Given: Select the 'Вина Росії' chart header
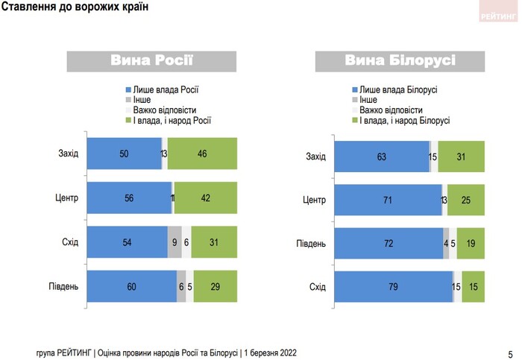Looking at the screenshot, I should pyautogui.click(x=151, y=60).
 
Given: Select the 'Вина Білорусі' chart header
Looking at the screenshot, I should pyautogui.click(x=400, y=60).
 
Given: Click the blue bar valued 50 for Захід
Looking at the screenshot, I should pyautogui.click(x=124, y=154).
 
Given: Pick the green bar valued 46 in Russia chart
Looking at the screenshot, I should pyautogui.click(x=202, y=154).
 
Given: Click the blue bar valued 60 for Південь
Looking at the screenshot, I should pyautogui.click(x=131, y=286).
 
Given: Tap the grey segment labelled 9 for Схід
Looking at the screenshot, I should pyautogui.click(x=174, y=242).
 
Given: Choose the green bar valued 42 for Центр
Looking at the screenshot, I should pyautogui.click(x=205, y=198).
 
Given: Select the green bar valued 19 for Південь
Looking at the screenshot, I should pyautogui.click(x=471, y=244).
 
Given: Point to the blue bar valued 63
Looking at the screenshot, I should pyautogui.click(x=381, y=157).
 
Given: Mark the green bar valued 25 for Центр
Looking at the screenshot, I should pyautogui.click(x=466, y=200).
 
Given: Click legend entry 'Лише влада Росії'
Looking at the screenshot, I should pyautogui.click(x=166, y=89).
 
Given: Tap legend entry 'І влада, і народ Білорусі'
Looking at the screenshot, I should pyautogui.click(x=404, y=120).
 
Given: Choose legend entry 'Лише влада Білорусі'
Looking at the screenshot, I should pyautogui.click(x=397, y=89).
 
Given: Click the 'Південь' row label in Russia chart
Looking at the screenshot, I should pyautogui.click(x=63, y=286).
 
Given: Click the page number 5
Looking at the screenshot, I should pyautogui.click(x=510, y=353).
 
